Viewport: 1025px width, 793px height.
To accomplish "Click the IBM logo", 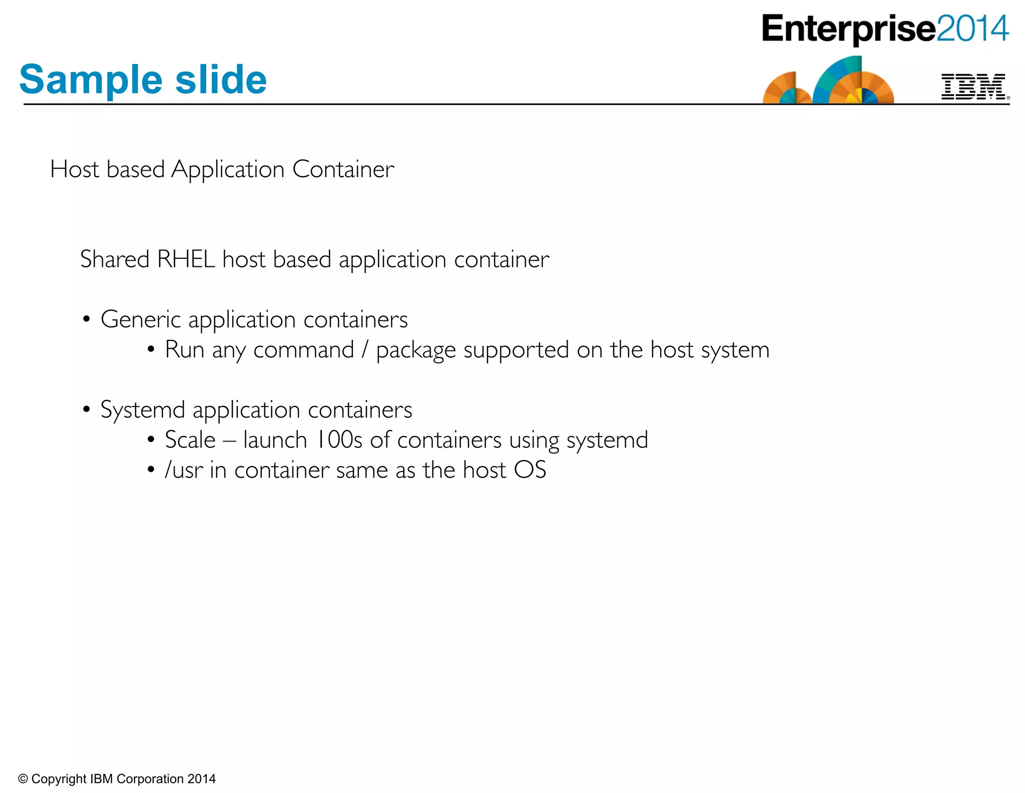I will tap(973, 87).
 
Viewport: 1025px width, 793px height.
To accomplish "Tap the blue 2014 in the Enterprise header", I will tap(972, 29).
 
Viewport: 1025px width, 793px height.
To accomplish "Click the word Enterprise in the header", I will tap(848, 29).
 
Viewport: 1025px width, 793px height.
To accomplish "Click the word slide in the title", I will tap(221, 80).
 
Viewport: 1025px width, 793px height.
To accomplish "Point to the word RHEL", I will tap(186, 259).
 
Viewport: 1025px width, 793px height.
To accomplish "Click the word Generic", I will tap(140, 319).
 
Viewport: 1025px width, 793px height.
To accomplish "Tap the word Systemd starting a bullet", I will tap(143, 410).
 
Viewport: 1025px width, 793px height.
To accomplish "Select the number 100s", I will tap(339, 440).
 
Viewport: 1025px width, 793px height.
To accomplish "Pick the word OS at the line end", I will tap(530, 470).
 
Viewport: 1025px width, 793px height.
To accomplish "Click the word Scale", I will tap(190, 440).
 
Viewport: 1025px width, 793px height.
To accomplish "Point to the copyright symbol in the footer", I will tap(23, 779).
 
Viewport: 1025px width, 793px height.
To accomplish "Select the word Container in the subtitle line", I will tap(343, 169).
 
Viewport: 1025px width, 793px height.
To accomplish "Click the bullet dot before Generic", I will tap(87, 319).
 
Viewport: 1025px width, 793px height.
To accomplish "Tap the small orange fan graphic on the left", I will tap(786, 89).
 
